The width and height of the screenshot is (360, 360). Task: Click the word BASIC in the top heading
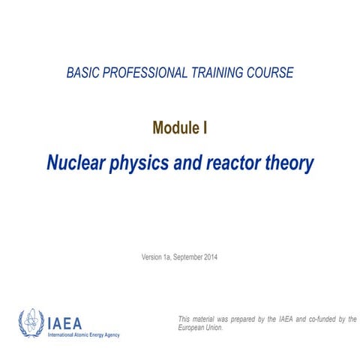(x=82, y=73)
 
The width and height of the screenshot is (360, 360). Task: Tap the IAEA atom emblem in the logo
(x=31, y=323)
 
